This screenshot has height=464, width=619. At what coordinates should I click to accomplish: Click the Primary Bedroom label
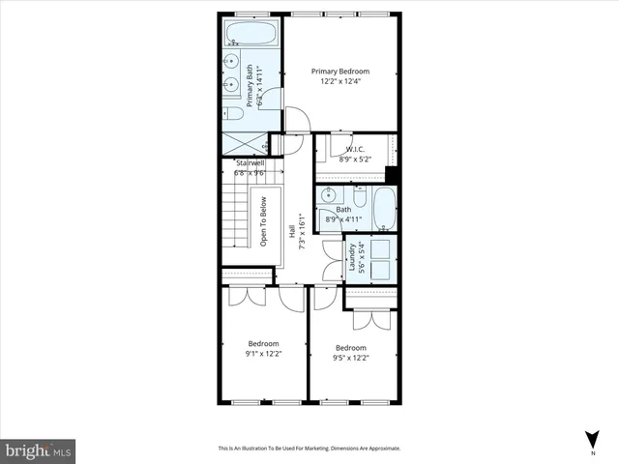tap(339, 71)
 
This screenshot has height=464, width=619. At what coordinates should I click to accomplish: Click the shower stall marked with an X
tap(243, 143)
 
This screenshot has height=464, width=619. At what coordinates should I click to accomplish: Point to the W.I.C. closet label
tap(353, 149)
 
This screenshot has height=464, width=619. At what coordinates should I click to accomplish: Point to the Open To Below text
tap(263, 224)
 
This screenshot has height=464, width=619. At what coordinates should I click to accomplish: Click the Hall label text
tap(292, 231)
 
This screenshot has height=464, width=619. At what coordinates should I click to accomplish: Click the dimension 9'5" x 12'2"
tap(351, 359)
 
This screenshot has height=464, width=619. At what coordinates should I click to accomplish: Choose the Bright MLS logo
tap(39, 449)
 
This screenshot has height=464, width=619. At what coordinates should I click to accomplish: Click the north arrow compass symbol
tap(592, 440)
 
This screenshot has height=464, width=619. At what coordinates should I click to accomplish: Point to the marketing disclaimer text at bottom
tap(309, 449)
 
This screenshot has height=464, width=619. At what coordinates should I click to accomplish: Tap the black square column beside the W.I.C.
tap(391, 174)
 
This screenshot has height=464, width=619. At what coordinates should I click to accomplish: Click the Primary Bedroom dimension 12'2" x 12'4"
tap(339, 81)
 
